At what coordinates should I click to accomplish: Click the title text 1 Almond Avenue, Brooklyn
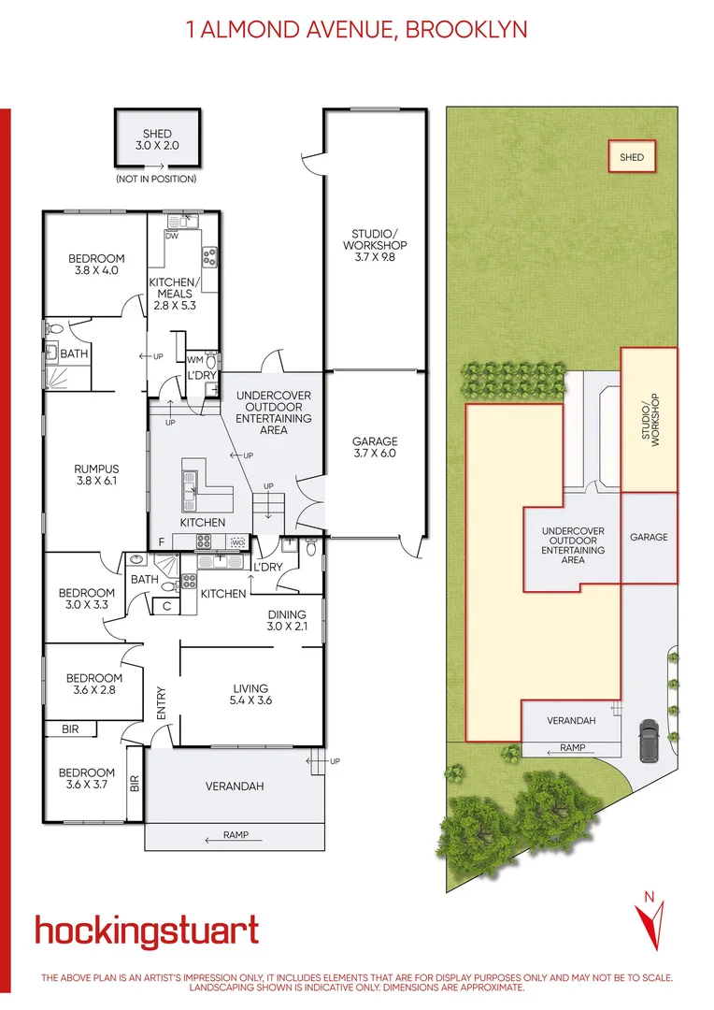357,30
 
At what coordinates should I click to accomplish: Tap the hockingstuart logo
147,931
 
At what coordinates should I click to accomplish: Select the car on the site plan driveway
647,743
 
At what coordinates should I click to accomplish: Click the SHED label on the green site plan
632,157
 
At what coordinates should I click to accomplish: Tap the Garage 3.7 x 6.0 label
374,448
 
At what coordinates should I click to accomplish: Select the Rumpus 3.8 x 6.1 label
97,476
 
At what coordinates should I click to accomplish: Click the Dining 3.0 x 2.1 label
285,619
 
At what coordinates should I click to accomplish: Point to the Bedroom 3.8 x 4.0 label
96,266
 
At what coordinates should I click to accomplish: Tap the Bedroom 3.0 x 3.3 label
87,599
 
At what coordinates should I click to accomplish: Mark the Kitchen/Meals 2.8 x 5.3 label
175,293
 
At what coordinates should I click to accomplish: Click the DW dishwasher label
171,236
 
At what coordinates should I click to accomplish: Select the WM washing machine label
195,359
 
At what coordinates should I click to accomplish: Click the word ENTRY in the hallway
161,701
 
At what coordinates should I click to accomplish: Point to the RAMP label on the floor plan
236,835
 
